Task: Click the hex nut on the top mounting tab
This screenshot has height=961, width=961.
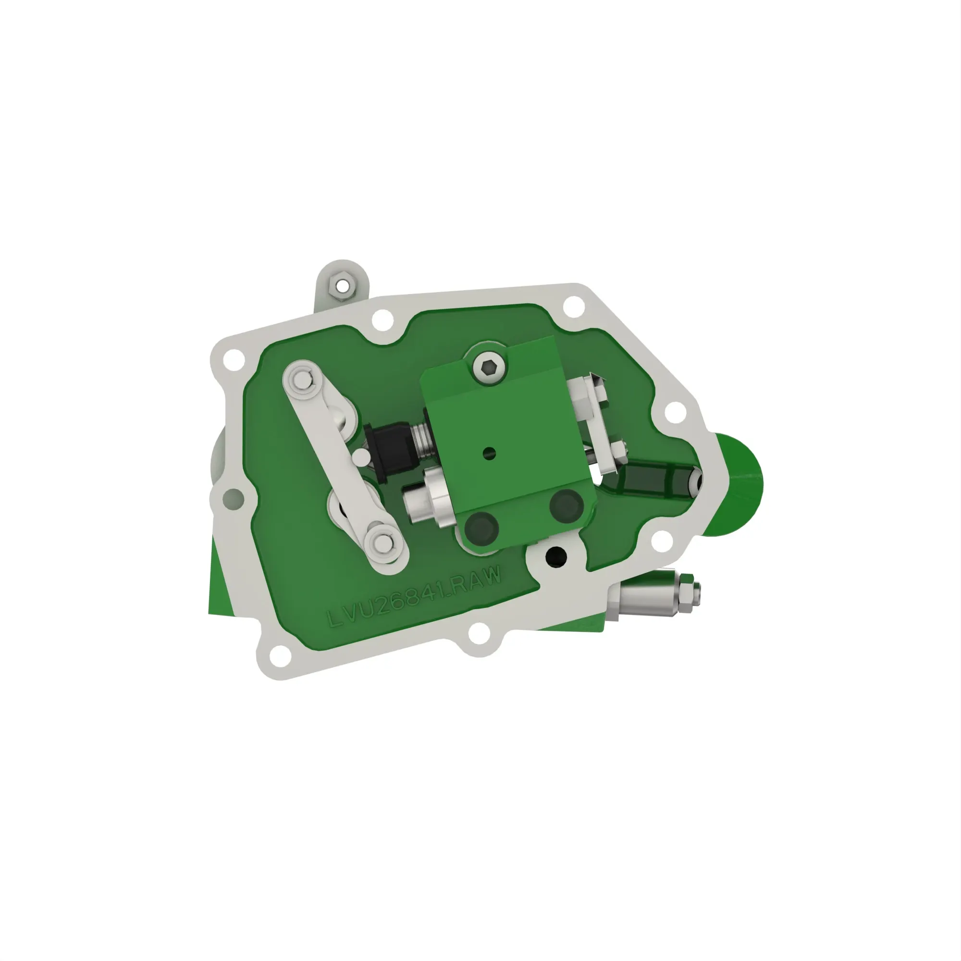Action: tap(342, 286)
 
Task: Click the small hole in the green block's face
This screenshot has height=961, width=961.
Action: tap(489, 453)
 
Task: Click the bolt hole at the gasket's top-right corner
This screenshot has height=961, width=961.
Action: tap(574, 305)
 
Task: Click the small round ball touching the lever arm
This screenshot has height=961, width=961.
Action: tap(359, 456)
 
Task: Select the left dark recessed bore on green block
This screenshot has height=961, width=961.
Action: tap(481, 528)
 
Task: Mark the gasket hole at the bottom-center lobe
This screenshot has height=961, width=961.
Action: tap(479, 634)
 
